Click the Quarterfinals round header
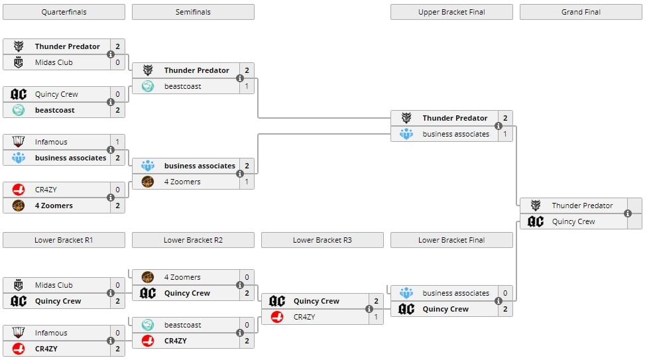[x=64, y=12]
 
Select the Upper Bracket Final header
[x=451, y=12]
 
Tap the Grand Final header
[x=581, y=12]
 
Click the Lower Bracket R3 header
[x=322, y=240]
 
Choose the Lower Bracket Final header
[x=451, y=240]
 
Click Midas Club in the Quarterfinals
[x=54, y=62]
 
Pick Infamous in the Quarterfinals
[x=51, y=142]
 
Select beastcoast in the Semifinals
[x=182, y=86]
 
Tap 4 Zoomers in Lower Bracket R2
[x=182, y=277]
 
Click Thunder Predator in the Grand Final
[x=582, y=206]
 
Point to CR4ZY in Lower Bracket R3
[x=304, y=317]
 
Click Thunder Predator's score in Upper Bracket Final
[x=505, y=118]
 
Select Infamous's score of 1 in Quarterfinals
[x=117, y=142]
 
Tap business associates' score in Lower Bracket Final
[x=505, y=293]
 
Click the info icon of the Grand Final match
[x=628, y=213]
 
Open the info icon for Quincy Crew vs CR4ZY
[x=369, y=309]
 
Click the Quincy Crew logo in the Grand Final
[x=536, y=221]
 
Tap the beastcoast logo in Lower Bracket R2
[x=148, y=325]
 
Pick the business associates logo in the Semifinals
[x=148, y=166]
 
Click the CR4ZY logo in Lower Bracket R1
[x=19, y=349]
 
